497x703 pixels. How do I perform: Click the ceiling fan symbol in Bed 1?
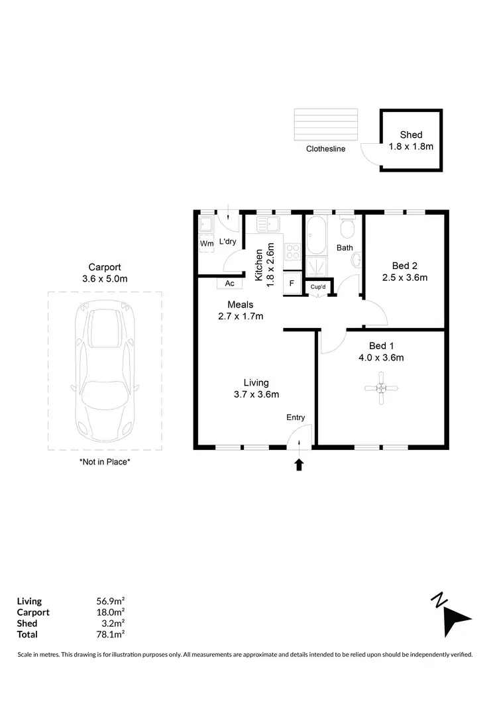click(381, 388)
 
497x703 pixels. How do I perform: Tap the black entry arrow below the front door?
click(299, 464)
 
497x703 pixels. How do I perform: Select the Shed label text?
click(411, 135)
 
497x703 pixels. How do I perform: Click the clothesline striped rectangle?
click(325, 124)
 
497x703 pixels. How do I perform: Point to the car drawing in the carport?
click(105, 372)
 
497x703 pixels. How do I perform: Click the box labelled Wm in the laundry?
click(207, 243)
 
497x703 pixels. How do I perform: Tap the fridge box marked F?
click(292, 283)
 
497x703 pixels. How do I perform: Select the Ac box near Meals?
click(230, 283)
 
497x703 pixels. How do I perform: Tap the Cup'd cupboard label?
click(317, 287)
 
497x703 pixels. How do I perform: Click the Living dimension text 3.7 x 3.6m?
click(256, 394)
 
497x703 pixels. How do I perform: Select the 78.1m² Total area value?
click(111, 634)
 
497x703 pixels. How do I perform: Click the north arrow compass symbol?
click(453, 616)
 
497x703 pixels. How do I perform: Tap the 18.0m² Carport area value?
click(111, 612)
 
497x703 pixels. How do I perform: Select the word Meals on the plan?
click(241, 305)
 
